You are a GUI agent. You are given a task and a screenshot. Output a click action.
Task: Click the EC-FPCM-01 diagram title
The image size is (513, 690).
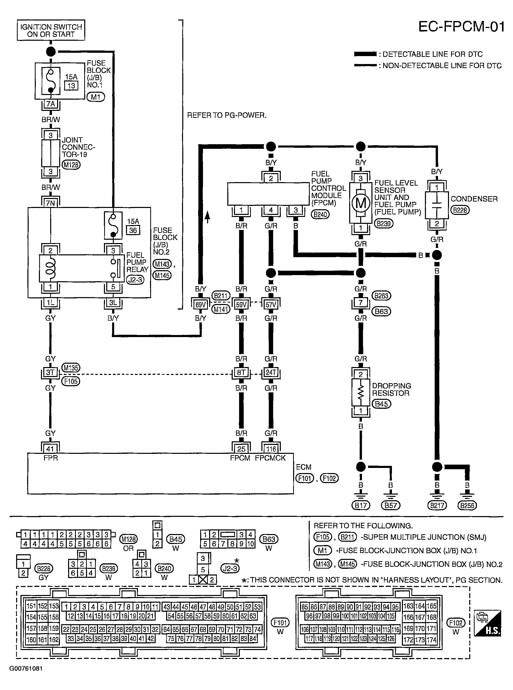click(462, 27)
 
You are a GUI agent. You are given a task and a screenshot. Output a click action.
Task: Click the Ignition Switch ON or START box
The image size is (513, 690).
click(51, 30)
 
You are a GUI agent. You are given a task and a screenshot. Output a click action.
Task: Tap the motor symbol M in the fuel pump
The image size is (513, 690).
click(360, 203)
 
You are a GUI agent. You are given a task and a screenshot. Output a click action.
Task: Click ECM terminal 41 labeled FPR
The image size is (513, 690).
click(50, 449)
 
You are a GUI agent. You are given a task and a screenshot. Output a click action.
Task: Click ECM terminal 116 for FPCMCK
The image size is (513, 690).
click(271, 449)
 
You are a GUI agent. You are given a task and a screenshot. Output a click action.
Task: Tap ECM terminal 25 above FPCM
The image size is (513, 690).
click(241, 449)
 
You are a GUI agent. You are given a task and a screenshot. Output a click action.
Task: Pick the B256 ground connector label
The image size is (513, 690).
click(467, 505)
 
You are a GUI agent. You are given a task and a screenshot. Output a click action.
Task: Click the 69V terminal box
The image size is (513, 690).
click(200, 305)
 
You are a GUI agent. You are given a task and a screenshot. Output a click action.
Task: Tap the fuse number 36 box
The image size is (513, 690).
click(133, 230)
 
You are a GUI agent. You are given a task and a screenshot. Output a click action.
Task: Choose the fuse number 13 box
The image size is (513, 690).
click(71, 86)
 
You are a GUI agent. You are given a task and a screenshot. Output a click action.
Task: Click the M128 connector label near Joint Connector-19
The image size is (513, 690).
click(71, 165)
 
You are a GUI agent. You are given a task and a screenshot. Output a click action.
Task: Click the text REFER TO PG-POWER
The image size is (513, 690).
click(227, 116)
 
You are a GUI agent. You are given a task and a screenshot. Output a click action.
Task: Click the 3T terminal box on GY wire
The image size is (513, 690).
click(50, 372)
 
